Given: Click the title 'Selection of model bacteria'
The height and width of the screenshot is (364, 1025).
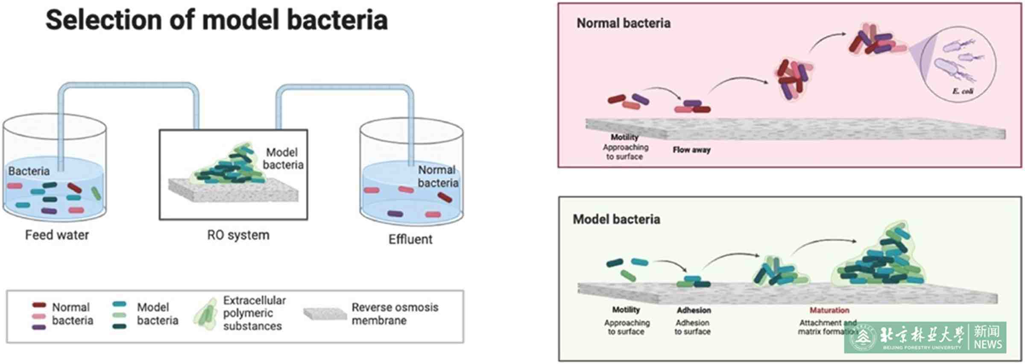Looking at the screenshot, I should click(x=217, y=20).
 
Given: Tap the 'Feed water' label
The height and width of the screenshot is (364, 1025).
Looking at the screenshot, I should click(x=57, y=235).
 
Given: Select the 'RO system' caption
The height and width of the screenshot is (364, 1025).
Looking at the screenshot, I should click(x=238, y=235).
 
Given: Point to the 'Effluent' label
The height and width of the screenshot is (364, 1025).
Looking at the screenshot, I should click(x=410, y=239).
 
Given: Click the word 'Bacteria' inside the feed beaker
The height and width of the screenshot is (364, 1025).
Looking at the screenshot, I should click(x=29, y=171).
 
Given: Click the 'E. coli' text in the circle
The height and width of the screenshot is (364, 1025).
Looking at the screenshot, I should click(x=963, y=91).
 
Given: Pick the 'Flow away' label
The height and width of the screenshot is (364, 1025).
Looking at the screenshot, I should click(x=691, y=150).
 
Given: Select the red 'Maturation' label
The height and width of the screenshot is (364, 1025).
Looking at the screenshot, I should click(x=829, y=310).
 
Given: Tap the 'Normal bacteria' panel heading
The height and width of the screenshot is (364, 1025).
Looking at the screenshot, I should click(x=623, y=23).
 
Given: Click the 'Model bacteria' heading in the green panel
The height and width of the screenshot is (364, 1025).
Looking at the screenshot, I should click(x=616, y=219).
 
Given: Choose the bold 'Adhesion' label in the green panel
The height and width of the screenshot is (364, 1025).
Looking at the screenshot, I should click(x=694, y=310).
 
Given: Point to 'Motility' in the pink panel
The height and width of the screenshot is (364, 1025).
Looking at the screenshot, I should click(x=624, y=137).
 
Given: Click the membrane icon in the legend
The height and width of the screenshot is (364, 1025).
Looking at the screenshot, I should click(x=325, y=314).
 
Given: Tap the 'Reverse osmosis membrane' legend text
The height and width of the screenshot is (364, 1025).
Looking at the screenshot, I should click(x=395, y=314).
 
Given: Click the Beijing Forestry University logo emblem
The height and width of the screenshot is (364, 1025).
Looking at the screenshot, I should click(x=863, y=338).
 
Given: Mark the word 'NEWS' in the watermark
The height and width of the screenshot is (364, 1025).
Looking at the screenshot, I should click(x=988, y=344).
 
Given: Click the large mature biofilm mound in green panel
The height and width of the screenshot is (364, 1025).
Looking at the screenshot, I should click(x=880, y=261).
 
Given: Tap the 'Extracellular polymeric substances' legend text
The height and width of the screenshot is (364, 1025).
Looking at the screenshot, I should click(x=254, y=313).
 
